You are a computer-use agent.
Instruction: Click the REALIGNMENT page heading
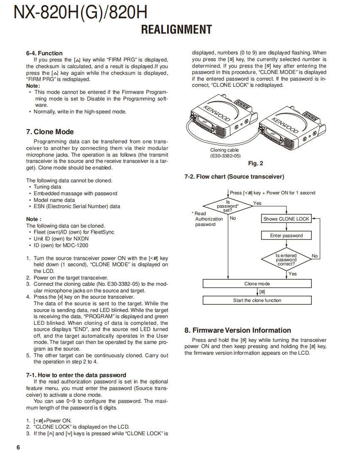pos(176,30)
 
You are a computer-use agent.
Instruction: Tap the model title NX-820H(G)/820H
pos(80,12)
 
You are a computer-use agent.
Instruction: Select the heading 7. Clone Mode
pos(50,132)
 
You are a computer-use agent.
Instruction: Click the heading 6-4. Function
pos(44,53)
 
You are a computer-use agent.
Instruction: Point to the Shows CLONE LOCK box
pos(286,219)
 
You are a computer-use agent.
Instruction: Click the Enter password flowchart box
pos(286,235)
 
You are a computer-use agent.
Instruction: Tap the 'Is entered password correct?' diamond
pos(286,260)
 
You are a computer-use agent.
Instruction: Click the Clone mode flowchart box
pos(257,284)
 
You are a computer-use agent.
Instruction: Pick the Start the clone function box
pos(257,300)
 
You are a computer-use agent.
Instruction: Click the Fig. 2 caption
pos(255,163)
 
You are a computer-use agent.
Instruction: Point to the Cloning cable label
pos(224,150)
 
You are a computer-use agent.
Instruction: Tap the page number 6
pos(18,447)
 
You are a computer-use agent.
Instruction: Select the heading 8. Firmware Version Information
pos(237,330)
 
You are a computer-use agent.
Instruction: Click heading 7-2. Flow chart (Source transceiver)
pos(234,177)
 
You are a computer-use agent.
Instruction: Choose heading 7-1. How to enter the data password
pos(76,375)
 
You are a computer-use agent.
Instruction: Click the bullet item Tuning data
pos(47,187)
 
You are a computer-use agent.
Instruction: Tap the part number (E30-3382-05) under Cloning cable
pos(225,156)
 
